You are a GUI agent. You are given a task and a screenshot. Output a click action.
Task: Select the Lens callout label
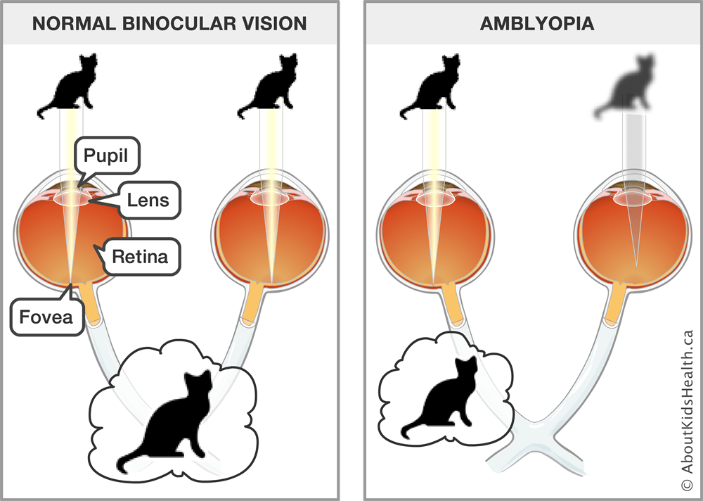tap(148, 200)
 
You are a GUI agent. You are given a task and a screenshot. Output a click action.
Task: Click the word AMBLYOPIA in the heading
tap(536, 23)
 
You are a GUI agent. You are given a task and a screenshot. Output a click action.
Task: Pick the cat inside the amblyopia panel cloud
tap(441, 398)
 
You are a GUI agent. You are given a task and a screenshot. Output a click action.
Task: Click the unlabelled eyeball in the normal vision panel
tap(271, 232)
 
